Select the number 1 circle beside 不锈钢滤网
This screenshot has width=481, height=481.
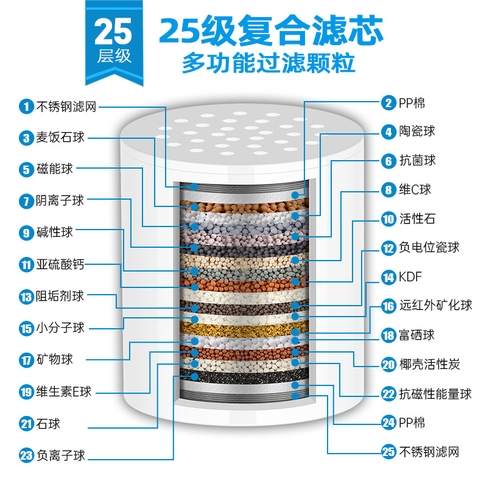(25, 107)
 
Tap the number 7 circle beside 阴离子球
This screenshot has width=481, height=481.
(25, 200)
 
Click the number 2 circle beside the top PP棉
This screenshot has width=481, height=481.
(388, 102)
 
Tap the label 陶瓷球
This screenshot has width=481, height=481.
(417, 131)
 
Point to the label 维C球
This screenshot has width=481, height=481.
(415, 190)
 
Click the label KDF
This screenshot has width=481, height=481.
(410, 278)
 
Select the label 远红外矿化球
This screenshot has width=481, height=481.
(435, 306)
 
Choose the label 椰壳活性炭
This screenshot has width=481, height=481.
(429, 365)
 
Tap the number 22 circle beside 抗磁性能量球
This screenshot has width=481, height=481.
(388, 394)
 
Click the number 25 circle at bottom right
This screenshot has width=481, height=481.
(388, 452)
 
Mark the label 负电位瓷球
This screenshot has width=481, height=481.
(429, 248)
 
